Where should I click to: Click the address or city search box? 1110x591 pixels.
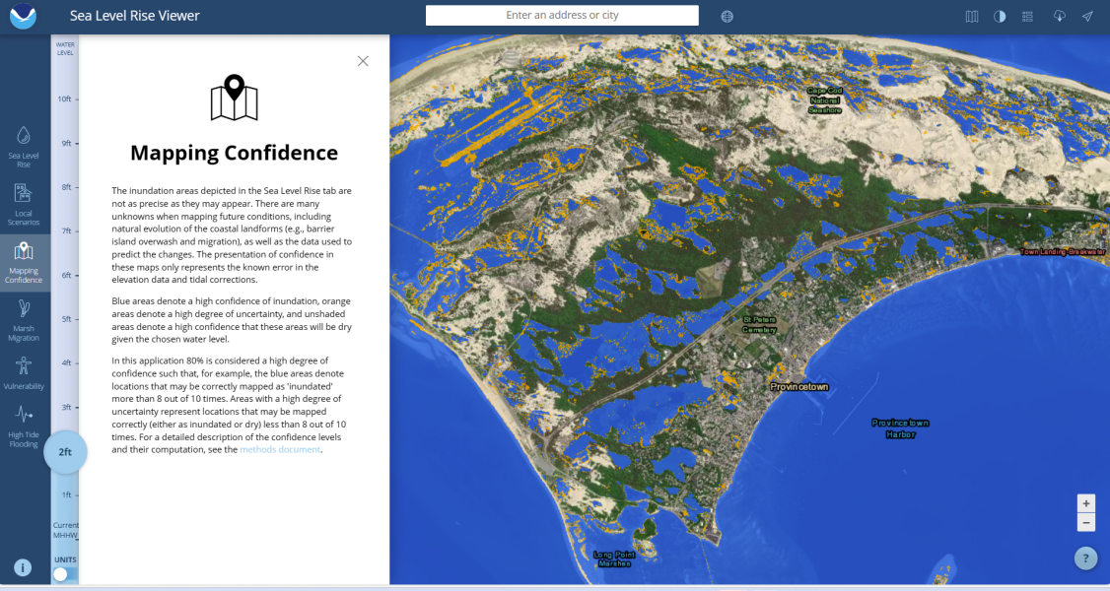(x=562, y=16)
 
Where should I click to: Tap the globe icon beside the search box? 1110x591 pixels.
(x=728, y=17)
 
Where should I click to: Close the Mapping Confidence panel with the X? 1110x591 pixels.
(x=363, y=61)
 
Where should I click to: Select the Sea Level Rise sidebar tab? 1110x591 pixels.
(x=25, y=146)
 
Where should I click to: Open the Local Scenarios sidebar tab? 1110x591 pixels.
(x=25, y=204)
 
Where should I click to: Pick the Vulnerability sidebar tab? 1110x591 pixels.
(x=25, y=372)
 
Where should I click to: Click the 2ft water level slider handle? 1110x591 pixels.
(x=65, y=452)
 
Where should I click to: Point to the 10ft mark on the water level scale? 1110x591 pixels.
(x=65, y=99)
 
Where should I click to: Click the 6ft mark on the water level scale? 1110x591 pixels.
(x=66, y=276)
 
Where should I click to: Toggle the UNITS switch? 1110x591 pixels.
(x=65, y=573)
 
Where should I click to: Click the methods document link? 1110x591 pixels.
(x=280, y=450)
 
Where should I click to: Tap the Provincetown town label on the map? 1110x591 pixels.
(x=798, y=387)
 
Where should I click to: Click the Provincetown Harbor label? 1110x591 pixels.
(x=900, y=428)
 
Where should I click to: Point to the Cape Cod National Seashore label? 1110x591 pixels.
(x=825, y=100)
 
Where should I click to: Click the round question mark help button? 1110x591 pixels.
(x=1085, y=558)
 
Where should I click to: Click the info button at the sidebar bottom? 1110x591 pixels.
(x=24, y=567)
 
